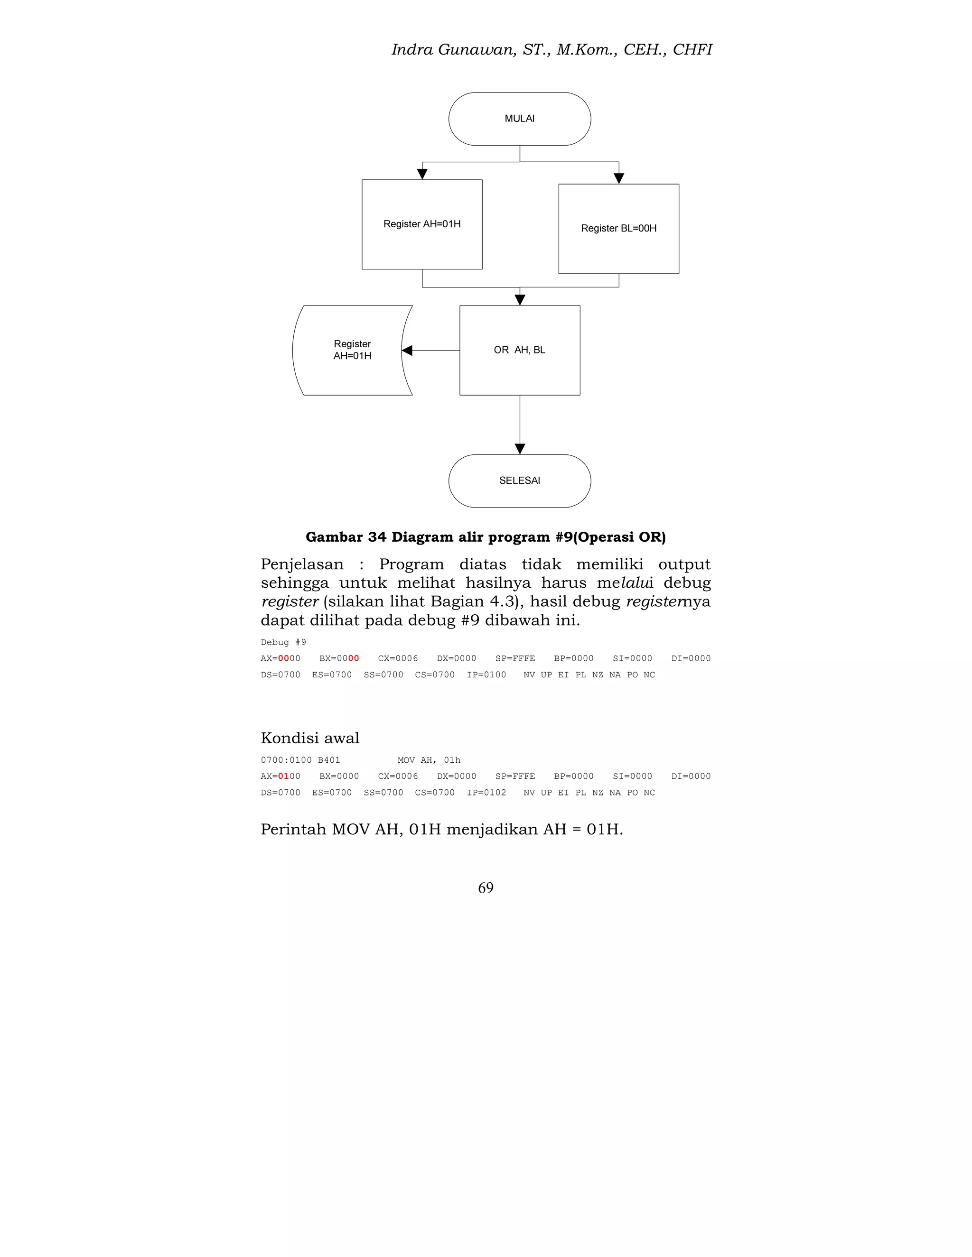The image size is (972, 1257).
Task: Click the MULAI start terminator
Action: coord(519,119)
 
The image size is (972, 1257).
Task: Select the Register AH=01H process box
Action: coord(421,224)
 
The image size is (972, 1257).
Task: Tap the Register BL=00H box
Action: coord(618,229)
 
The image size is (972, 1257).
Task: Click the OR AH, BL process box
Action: coord(519,350)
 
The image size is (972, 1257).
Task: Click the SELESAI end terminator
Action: coord(519,481)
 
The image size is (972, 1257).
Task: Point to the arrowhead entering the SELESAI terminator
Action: coord(519,449)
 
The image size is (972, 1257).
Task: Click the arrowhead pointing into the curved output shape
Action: coord(407,350)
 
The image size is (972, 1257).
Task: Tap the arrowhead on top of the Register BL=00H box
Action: coord(618,179)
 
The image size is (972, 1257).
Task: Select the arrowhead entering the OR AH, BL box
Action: coord(519,300)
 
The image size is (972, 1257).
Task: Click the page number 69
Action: coord(486,887)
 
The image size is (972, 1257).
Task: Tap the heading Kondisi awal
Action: coord(310,738)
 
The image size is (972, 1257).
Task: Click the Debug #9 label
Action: coord(283,642)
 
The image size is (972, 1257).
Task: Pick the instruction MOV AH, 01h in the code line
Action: coord(429,760)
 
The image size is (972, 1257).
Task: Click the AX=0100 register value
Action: coord(280,776)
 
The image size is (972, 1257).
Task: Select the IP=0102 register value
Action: coord(486,793)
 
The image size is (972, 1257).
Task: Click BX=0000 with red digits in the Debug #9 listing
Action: coord(339,658)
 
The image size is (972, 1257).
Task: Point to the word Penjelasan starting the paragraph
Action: coord(302,564)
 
